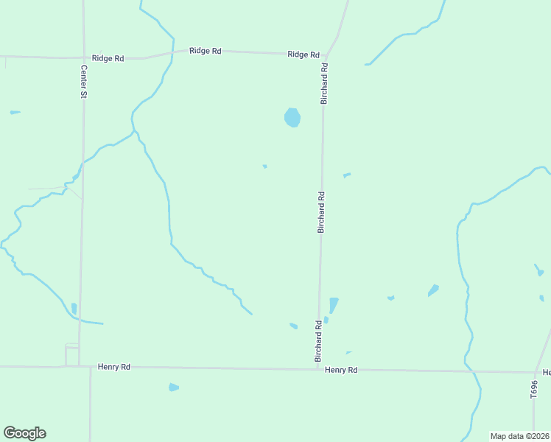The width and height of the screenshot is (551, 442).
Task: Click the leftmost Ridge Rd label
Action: click(x=108, y=58)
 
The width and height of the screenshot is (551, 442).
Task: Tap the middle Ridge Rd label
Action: click(x=205, y=51)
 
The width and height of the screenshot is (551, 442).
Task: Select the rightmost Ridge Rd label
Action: click(x=303, y=55)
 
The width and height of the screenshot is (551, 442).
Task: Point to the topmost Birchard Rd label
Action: click(x=323, y=83)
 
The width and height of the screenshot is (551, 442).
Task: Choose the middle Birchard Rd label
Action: click(x=320, y=212)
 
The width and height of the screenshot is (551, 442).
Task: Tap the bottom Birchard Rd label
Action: click(x=318, y=340)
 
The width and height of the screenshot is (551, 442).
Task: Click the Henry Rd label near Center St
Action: click(x=114, y=366)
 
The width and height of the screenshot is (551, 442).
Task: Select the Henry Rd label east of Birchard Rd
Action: click(x=341, y=370)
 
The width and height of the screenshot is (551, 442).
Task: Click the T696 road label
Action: click(x=534, y=390)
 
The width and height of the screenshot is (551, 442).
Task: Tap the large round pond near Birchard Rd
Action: click(x=292, y=117)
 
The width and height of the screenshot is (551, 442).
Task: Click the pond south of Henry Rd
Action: click(x=173, y=387)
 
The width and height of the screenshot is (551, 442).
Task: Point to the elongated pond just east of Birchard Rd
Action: click(x=333, y=305)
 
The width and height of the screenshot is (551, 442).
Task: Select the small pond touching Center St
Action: click(x=74, y=309)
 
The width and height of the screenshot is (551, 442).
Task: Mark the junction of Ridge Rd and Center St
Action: click(x=83, y=57)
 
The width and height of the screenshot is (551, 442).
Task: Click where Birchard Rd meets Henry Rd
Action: click(x=318, y=368)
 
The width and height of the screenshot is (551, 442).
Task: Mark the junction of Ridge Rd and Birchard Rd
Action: click(x=325, y=55)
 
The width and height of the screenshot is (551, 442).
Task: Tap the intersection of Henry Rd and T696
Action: click(x=535, y=372)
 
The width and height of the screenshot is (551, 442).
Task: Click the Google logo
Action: click(x=24, y=433)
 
